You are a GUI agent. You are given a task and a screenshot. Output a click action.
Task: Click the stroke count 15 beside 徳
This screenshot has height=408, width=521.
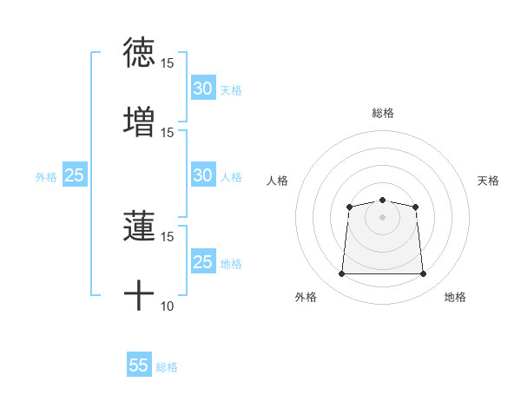[168, 63]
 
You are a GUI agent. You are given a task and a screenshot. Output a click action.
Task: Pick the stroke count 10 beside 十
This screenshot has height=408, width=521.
[168, 306]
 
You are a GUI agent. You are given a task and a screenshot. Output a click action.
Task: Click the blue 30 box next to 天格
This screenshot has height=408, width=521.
[202, 89]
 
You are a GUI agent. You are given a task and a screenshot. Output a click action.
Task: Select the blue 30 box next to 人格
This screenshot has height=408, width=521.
[202, 175]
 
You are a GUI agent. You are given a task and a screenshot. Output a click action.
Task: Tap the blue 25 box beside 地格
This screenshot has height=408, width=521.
[202, 262]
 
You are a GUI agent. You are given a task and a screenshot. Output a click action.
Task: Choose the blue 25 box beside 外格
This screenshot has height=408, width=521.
[74, 175]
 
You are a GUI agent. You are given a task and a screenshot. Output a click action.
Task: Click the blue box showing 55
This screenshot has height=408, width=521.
[139, 365]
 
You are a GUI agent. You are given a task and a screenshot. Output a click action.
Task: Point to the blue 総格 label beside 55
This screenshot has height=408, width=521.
[167, 367]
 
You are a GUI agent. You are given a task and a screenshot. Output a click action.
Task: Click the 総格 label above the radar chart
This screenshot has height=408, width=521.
[382, 113]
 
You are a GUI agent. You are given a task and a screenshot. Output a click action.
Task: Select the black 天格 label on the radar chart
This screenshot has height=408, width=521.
[488, 181]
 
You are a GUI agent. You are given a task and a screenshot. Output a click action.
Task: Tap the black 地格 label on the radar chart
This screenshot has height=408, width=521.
[455, 297]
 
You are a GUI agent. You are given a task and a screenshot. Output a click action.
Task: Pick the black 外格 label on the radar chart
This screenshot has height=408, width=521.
[306, 297]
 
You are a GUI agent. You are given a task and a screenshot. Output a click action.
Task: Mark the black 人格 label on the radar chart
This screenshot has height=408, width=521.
[278, 181]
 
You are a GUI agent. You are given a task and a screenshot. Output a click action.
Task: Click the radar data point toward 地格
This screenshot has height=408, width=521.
[424, 274]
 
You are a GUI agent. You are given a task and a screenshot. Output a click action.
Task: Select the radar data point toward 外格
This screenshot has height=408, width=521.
[341, 274]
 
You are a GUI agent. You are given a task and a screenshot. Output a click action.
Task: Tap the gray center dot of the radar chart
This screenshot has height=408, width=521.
[382, 216]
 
